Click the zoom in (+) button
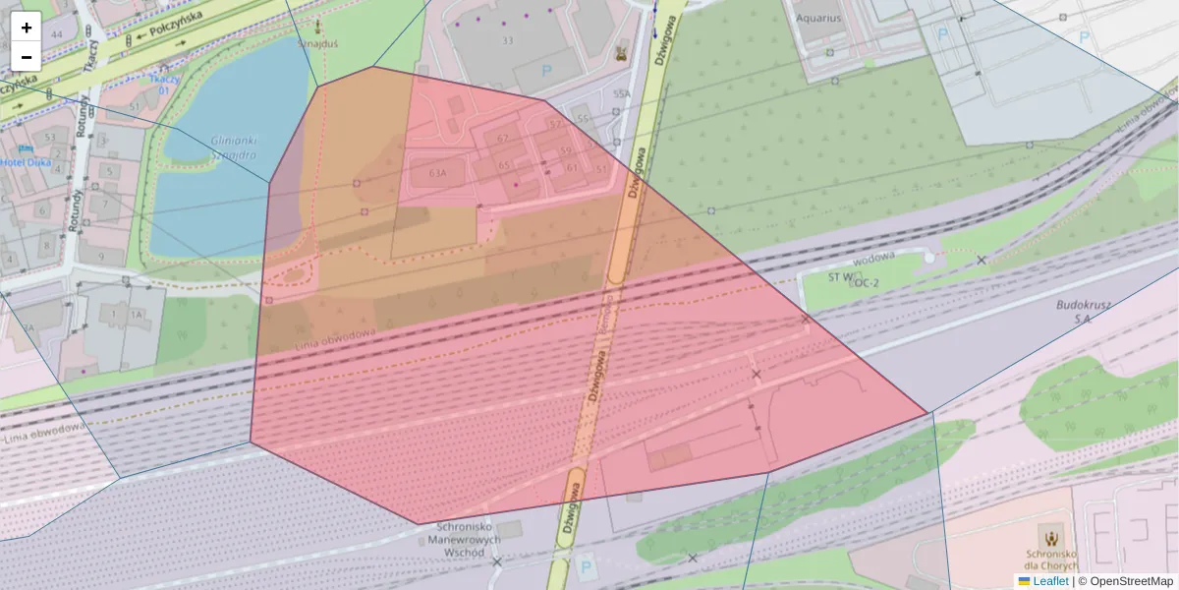tap(27, 28)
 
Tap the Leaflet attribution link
tap(1049, 581)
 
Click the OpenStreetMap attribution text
tap(1131, 581)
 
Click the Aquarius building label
tap(819, 18)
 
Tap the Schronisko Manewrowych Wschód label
tap(469, 540)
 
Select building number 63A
tap(438, 173)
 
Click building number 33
tap(508, 40)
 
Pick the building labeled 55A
tap(621, 94)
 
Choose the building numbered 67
tap(503, 139)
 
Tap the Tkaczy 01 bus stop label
tap(165, 85)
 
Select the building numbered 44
tap(56, 34)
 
